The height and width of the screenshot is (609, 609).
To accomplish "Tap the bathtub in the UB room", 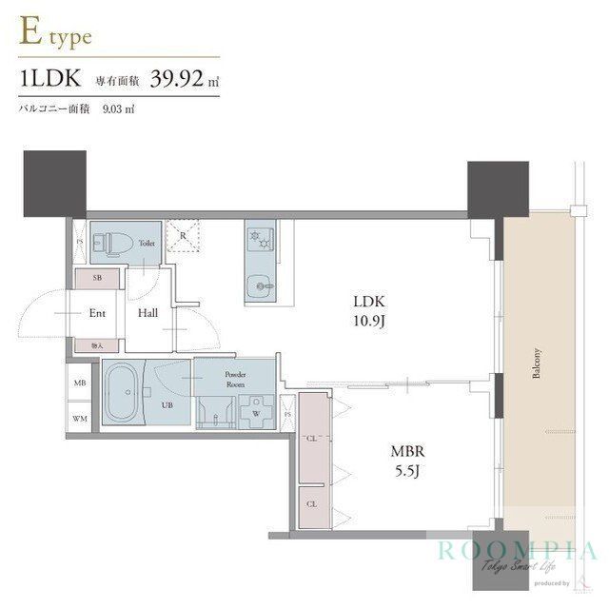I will pyautogui.click(x=121, y=393).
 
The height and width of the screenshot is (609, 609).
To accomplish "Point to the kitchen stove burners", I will pyautogui.click(x=258, y=238).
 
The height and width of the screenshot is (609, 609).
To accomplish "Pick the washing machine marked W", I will pyautogui.click(x=255, y=413).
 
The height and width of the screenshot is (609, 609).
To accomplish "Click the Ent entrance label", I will pyautogui.click(x=97, y=312).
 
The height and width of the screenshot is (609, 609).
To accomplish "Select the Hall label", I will pyautogui.click(x=147, y=312).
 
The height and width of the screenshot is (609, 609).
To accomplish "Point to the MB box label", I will pyautogui.click(x=79, y=383).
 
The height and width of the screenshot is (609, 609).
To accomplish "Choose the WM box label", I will pyautogui.click(x=79, y=417).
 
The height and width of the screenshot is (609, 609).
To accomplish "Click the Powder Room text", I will pyautogui.click(x=236, y=380).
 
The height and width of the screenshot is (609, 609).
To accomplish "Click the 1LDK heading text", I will pyautogui.click(x=49, y=82).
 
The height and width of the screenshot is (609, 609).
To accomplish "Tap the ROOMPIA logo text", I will pyautogui.click(x=518, y=551).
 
